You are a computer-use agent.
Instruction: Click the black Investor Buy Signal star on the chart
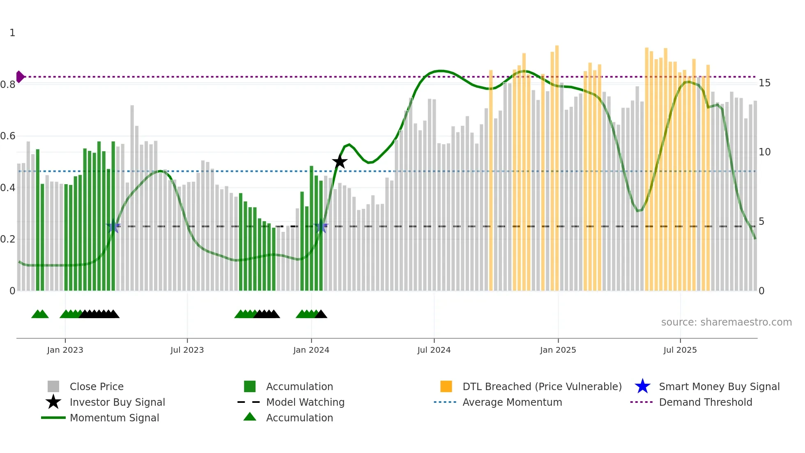coord(340,162)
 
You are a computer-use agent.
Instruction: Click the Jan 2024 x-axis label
coord(311,350)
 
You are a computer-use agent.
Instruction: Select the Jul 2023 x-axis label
coord(187,350)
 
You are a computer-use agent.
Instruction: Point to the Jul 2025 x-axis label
coord(680,350)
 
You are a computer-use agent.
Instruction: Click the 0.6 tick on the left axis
coord(8,136)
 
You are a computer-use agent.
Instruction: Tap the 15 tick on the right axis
coord(764,83)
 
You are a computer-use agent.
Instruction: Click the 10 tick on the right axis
coord(764,152)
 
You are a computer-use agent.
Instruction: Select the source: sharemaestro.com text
coord(726,322)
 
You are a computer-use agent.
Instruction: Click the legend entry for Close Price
coord(97,386)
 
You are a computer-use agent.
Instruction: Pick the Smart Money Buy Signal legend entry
coord(719,386)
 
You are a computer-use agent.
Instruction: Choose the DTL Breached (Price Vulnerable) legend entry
coord(542,386)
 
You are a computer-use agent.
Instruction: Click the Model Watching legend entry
coord(305,402)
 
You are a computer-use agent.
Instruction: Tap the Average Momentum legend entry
coord(512,402)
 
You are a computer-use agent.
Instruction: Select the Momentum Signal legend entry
coord(114,418)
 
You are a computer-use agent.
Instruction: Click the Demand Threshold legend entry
coord(705,402)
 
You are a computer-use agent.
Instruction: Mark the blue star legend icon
coord(642,386)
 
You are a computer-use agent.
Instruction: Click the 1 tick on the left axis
coord(12,33)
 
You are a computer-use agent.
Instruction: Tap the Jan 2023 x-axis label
coord(65,350)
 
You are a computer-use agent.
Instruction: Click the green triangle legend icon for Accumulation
coord(250,417)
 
